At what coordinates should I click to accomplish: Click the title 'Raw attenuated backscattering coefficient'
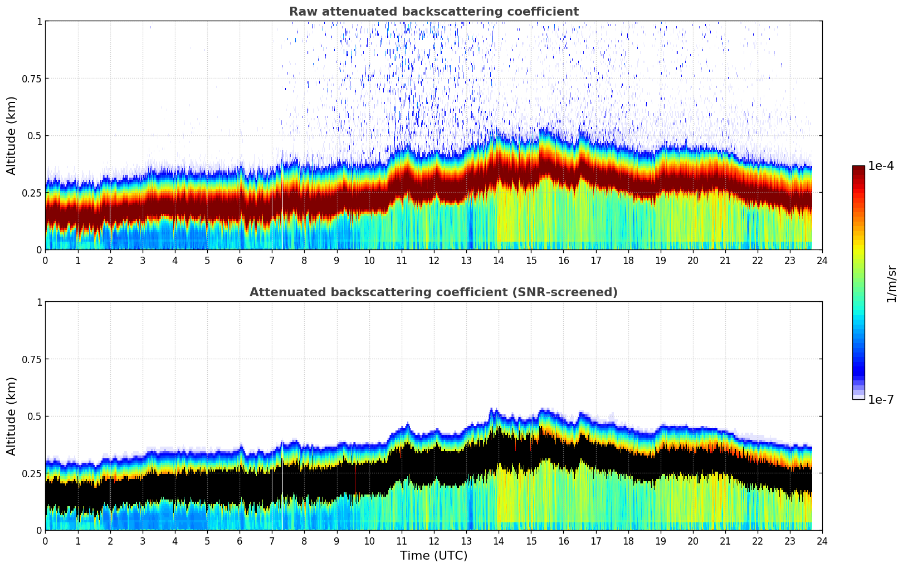coord(433,12)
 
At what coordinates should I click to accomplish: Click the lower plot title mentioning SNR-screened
coord(433,292)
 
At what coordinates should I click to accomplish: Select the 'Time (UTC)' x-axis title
coord(433,556)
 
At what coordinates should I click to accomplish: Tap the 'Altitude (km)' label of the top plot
coord(12,135)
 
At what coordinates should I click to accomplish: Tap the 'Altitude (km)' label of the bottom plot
coord(12,416)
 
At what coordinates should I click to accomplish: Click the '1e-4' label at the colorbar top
coord(881,166)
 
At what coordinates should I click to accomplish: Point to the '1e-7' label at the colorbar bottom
coord(881,399)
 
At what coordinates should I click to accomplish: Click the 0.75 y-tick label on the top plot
coord(32,79)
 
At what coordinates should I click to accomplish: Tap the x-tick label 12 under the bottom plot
coord(434,541)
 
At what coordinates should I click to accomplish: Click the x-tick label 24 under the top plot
coord(822,261)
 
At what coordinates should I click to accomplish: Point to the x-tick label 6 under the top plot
coord(240,261)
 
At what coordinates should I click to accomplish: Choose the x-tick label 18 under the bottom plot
coord(628,541)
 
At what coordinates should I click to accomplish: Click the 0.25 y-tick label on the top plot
coord(32,193)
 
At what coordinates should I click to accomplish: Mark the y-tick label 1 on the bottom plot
coord(39,302)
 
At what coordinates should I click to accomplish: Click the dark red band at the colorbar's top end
coord(858,169)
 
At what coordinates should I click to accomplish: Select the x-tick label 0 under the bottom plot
coord(45,541)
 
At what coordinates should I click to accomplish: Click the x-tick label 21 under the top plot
coord(725,261)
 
